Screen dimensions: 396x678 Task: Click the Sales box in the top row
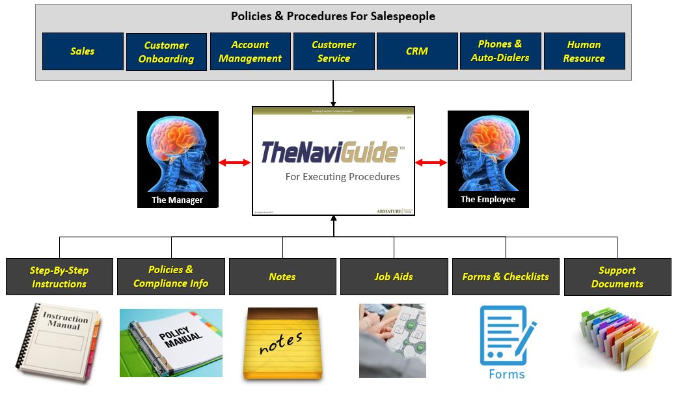83,51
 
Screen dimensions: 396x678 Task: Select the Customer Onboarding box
167,52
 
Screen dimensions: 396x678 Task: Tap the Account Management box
250,51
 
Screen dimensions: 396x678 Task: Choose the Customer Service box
334,51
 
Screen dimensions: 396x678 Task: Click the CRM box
417,51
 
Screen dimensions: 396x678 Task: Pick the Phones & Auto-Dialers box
500,51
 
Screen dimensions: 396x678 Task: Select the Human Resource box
584,51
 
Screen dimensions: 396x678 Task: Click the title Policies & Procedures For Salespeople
333,16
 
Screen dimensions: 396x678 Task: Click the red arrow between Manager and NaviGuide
235,163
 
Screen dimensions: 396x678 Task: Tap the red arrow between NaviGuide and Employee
431,163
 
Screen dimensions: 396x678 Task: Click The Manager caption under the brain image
177,200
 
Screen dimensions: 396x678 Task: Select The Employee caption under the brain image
488,200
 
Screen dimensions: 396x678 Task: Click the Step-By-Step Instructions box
59,277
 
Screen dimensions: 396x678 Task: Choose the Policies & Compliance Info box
171,276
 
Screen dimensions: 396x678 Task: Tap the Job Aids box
394,277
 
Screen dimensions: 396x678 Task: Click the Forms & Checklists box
506,277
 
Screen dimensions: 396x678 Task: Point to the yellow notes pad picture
281,343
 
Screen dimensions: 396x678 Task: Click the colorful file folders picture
617,339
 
